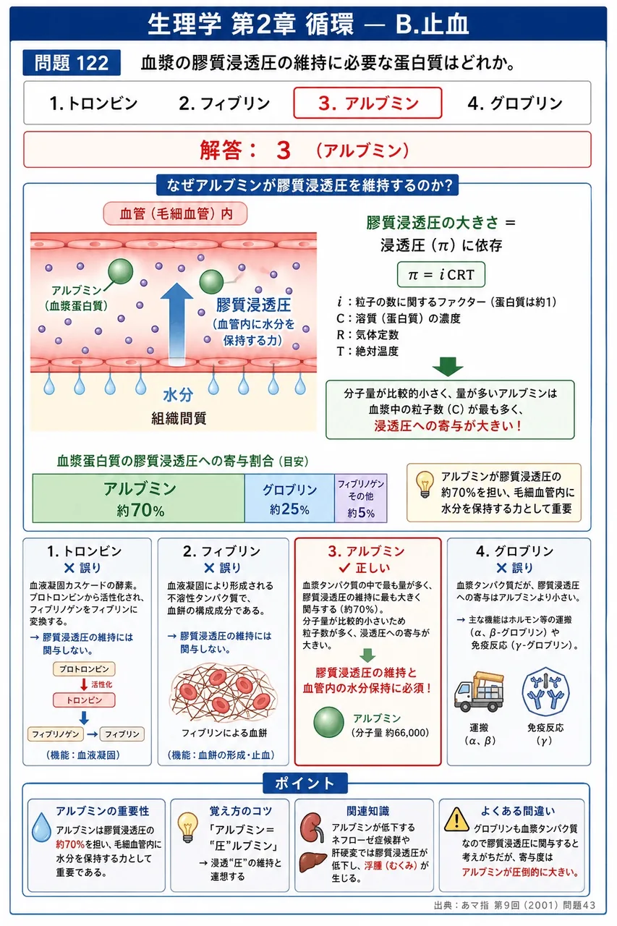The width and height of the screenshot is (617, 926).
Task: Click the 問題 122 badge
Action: [x=72, y=63]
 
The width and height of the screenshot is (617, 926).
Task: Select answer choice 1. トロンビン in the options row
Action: [x=93, y=103]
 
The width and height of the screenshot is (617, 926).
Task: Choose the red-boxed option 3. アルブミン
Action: [x=367, y=103]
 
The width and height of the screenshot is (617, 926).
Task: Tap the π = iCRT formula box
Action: [x=441, y=274]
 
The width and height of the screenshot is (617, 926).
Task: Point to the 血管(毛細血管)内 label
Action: [x=175, y=213]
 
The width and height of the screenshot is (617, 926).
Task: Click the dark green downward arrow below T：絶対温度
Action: [x=448, y=366]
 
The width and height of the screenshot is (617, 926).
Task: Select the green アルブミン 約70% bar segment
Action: [x=139, y=498]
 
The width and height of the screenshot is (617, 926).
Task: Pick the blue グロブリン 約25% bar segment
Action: [x=289, y=498]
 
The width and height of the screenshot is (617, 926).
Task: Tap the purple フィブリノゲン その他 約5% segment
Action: [x=361, y=498]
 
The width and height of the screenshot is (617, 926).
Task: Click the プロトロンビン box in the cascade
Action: [x=84, y=669]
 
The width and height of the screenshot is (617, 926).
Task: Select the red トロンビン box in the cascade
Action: [x=84, y=700]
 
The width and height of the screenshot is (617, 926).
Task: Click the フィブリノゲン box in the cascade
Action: [x=56, y=734]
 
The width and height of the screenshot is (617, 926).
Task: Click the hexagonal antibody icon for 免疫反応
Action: [x=545, y=692]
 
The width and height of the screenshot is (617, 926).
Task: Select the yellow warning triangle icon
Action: [x=456, y=820]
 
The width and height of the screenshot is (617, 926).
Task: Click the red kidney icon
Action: [x=312, y=826]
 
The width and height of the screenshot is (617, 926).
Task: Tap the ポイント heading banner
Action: [x=305, y=783]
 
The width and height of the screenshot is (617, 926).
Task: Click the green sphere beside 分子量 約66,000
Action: [x=328, y=722]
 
